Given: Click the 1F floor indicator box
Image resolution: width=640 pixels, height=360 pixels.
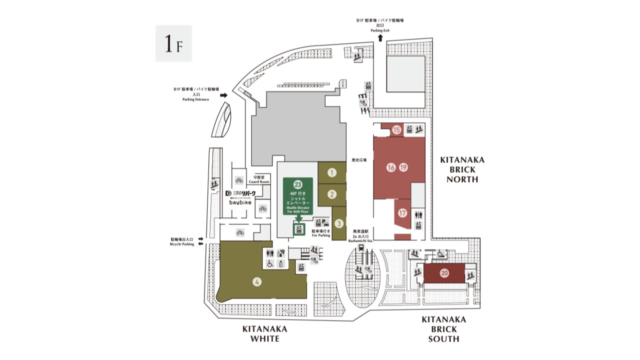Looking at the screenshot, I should pyautogui.click(x=173, y=43).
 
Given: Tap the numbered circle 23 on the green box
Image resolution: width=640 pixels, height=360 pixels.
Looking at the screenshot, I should pyautogui.click(x=298, y=184).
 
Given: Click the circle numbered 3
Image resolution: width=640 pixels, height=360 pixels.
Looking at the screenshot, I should pyautogui.click(x=338, y=223).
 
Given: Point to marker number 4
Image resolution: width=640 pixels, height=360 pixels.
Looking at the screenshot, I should pyautogui.click(x=257, y=282).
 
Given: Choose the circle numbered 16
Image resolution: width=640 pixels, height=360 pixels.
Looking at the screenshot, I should pyautogui.click(x=391, y=167).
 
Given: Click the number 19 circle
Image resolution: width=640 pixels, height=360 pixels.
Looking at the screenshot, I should pyautogui.click(x=403, y=167).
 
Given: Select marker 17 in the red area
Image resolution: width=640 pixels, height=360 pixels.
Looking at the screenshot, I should pyautogui.click(x=402, y=213).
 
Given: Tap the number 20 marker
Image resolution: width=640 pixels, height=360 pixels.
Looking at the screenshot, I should pyautogui.click(x=444, y=273).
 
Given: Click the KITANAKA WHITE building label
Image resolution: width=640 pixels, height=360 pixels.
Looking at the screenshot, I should pyautogui.click(x=264, y=333).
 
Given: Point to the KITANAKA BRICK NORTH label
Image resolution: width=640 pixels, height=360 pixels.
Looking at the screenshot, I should pyautogui.click(x=462, y=169).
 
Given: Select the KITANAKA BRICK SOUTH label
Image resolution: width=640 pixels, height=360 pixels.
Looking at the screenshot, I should pyautogui.click(x=443, y=329).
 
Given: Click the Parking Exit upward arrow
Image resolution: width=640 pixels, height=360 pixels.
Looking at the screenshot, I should pyautogui.click(x=380, y=37).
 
